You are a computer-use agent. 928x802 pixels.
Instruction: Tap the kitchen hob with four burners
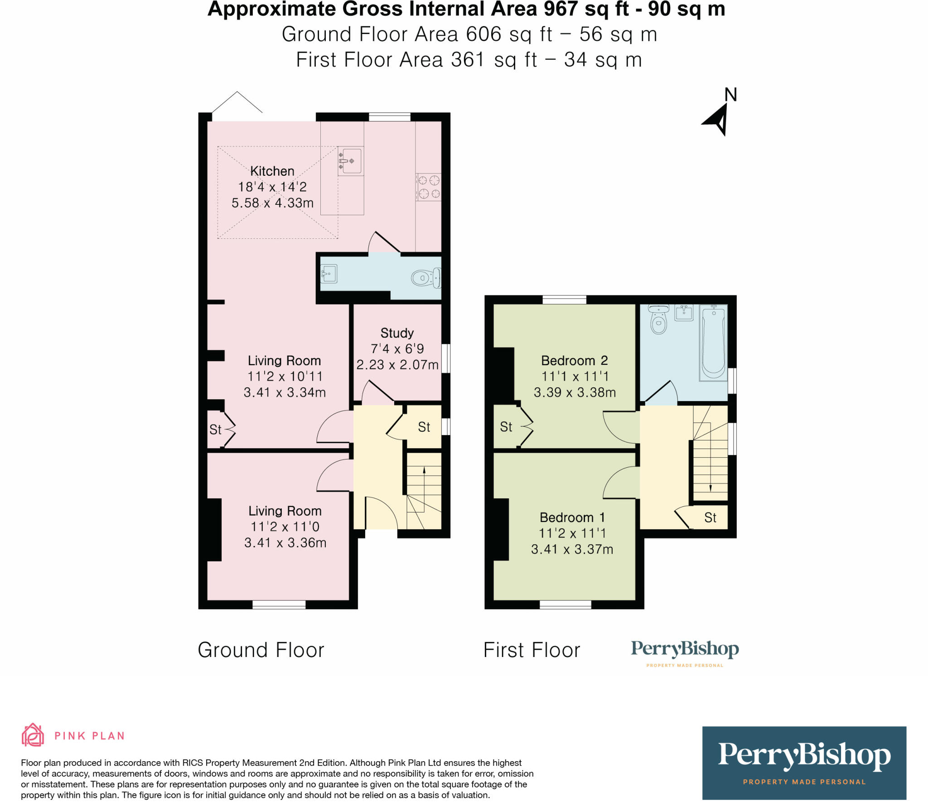429,187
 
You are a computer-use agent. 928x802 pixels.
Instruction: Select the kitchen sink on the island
351,161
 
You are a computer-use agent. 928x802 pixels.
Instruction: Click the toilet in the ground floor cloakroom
426,278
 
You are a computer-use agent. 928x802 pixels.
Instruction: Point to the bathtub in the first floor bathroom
713,343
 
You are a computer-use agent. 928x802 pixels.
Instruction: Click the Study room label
397,333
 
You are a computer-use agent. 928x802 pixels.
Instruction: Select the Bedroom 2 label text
574,361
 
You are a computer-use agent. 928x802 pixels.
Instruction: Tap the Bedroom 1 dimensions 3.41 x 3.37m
572,549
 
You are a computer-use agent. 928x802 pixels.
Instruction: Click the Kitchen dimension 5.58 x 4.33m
272,203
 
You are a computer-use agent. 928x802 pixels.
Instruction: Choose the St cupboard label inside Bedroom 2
506,427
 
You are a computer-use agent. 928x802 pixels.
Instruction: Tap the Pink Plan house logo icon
33,734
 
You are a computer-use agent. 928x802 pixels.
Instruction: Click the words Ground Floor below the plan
261,650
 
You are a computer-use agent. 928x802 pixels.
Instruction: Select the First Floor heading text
532,650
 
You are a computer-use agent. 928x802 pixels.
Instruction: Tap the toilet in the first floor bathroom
658,320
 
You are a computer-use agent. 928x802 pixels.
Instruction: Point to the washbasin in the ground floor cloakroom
329,274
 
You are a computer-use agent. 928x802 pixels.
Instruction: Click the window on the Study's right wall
446,358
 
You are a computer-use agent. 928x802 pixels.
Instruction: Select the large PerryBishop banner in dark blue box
804,763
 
